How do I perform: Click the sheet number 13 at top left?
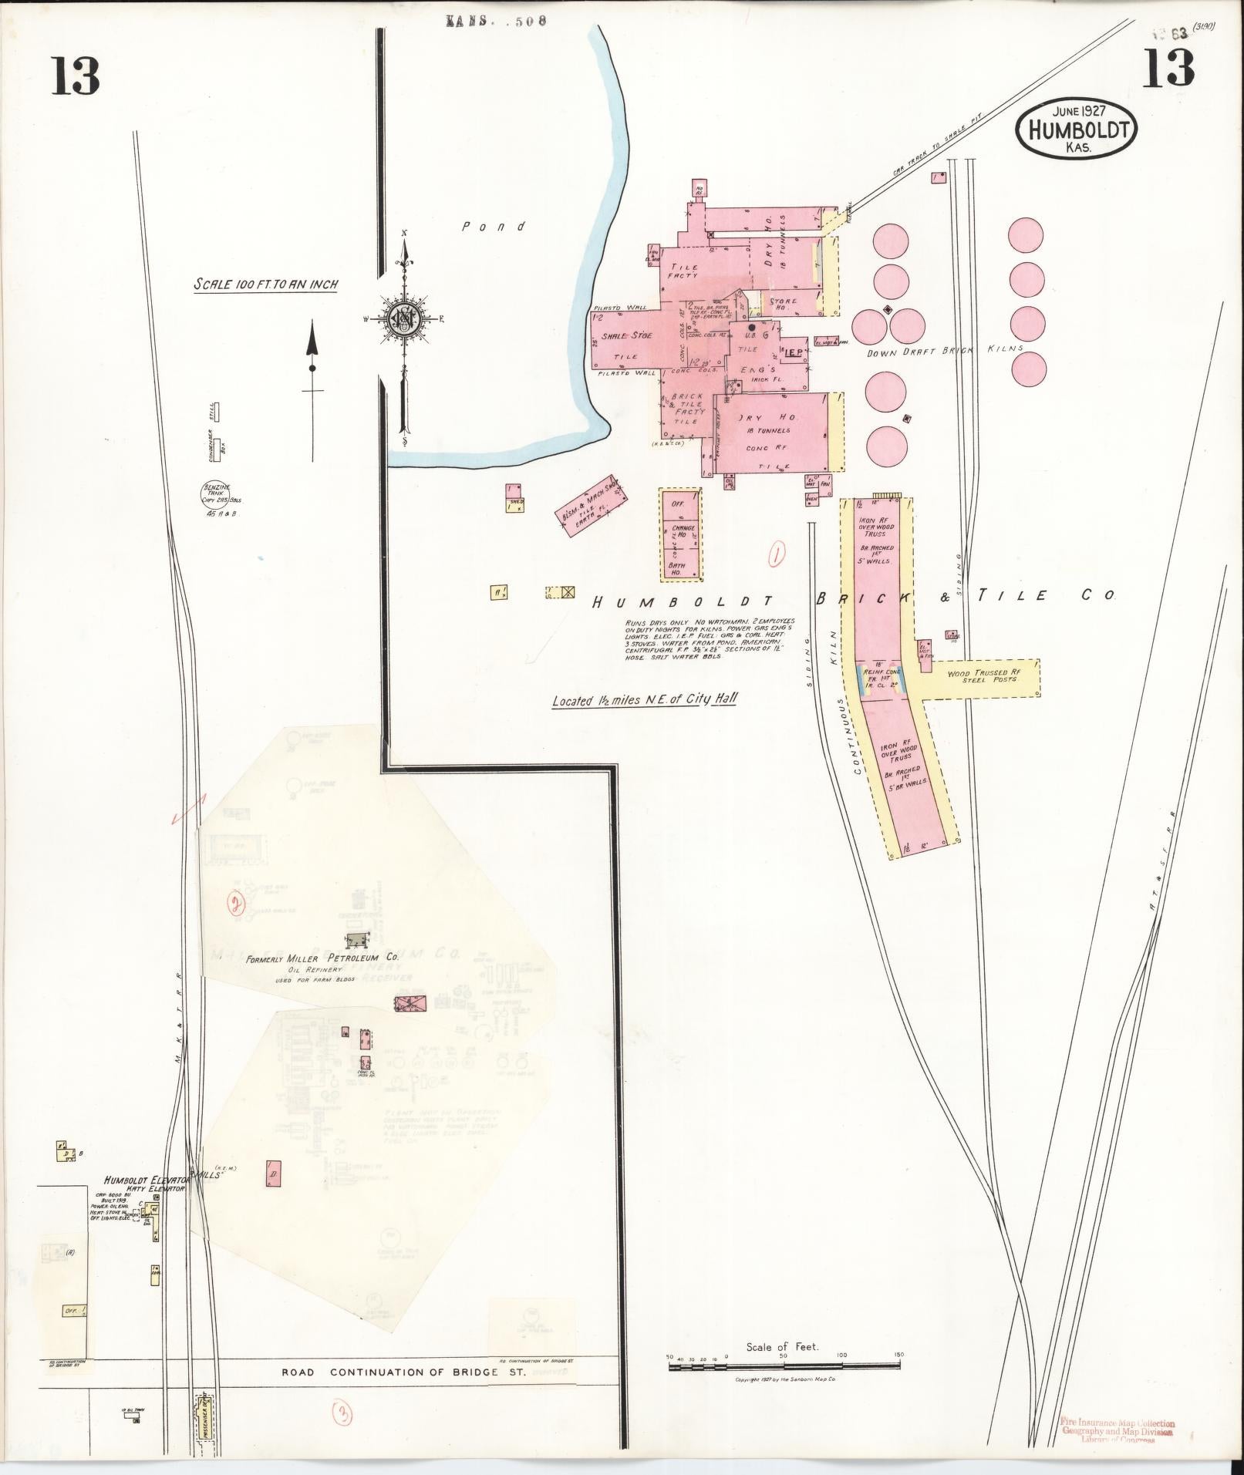[76, 76]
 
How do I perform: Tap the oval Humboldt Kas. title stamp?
[1077, 130]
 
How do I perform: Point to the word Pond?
[494, 227]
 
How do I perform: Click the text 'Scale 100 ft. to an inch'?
[265, 285]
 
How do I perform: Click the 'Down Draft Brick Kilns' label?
[944, 351]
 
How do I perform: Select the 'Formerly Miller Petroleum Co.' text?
[321, 959]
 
